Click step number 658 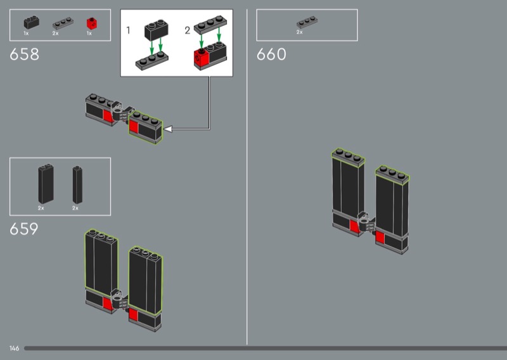[x=24, y=54]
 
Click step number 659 [x=24, y=229]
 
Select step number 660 [x=271, y=54]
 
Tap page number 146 [x=14, y=349]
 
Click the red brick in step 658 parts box [x=92, y=23]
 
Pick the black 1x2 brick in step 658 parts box [x=31, y=23]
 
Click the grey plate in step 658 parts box [x=63, y=23]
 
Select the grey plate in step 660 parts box [x=307, y=22]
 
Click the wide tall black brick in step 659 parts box [x=46, y=184]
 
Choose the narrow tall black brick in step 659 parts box [x=77, y=184]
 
